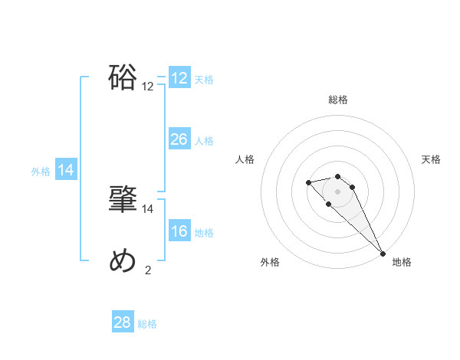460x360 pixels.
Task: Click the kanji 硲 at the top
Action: point(123,77)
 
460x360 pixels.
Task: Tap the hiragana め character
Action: point(123,260)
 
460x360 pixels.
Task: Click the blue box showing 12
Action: point(179,77)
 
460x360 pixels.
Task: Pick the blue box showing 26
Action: point(179,139)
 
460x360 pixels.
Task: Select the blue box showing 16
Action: point(179,231)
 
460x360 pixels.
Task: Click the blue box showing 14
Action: point(66,170)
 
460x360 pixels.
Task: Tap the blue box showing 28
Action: point(123,322)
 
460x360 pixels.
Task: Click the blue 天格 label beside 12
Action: point(204,79)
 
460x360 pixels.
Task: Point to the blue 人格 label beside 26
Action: point(204,140)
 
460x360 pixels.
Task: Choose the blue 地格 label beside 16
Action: point(204,232)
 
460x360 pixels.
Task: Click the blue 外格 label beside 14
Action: point(41,172)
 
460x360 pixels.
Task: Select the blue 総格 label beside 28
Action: point(147,324)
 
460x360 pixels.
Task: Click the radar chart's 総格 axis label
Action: point(338,100)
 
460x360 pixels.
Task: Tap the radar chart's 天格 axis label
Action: point(431,159)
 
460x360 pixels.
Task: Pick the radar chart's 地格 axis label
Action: point(402,262)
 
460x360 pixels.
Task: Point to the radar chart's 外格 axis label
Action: point(270,262)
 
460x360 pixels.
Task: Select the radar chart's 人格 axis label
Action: point(245,159)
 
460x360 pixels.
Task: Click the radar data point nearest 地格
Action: point(383,253)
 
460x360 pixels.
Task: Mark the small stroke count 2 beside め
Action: point(148,269)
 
